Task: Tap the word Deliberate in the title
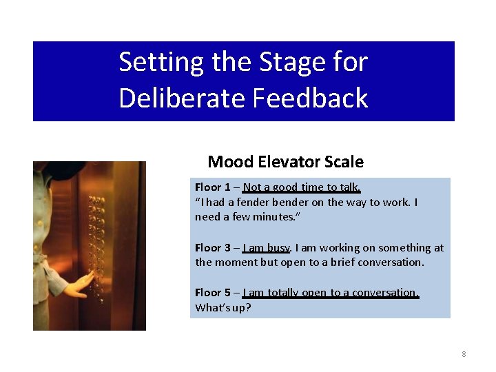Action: pos(182,98)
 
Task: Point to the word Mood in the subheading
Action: pos(230,162)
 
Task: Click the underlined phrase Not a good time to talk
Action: pos(302,187)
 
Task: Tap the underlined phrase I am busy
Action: pos(267,248)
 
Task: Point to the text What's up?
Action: pos(223,307)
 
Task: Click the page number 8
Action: pos(464,354)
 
